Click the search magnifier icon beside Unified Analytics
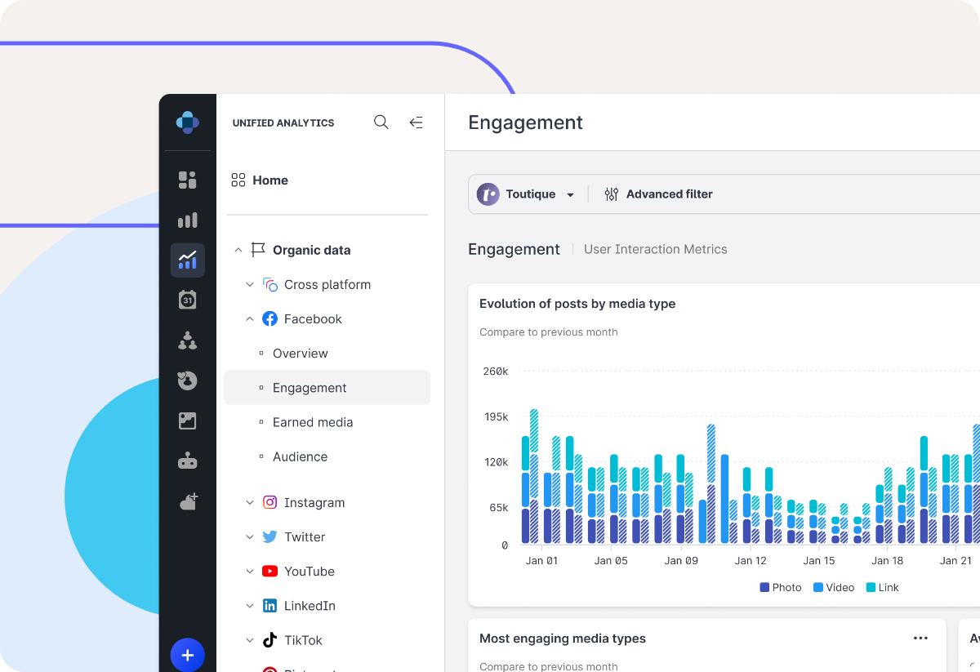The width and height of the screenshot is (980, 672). (381, 122)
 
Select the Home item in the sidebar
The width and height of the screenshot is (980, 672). (269, 180)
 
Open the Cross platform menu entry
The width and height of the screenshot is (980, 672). (327, 285)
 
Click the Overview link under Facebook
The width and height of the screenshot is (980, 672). (300, 354)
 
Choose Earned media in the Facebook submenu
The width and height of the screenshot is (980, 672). (313, 422)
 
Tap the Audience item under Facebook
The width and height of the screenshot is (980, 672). (300, 456)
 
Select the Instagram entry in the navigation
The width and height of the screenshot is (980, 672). (314, 503)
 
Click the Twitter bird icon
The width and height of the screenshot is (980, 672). (269, 537)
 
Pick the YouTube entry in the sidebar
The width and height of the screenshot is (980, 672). (309, 572)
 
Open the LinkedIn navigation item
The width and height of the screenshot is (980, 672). (310, 606)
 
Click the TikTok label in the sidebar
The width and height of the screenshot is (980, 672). (303, 640)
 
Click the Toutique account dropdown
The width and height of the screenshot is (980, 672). (528, 194)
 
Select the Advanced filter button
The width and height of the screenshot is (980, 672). (658, 194)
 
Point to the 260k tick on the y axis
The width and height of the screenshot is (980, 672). (495, 372)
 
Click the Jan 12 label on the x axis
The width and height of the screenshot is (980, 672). (751, 561)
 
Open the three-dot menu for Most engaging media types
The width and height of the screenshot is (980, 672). (920, 639)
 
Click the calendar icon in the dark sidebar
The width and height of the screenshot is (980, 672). (188, 300)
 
